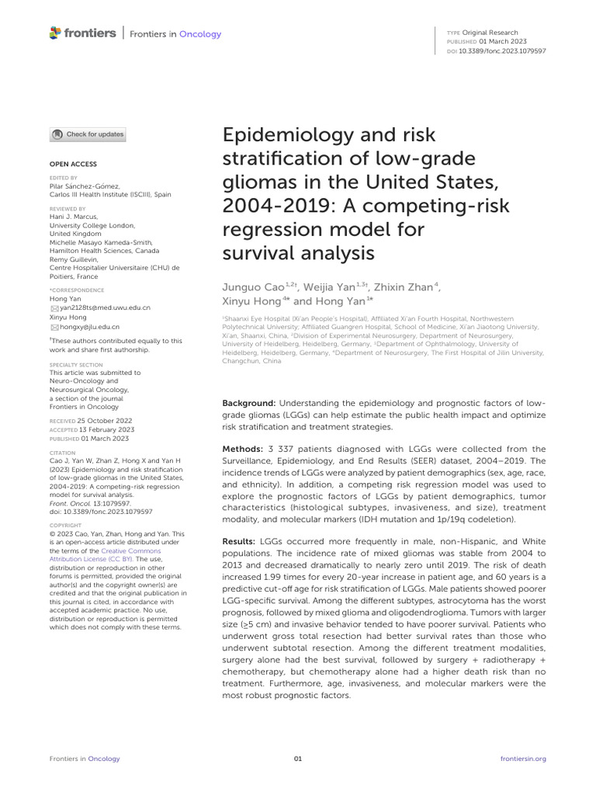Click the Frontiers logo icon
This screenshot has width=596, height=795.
54,33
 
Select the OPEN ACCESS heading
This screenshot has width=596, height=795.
74,165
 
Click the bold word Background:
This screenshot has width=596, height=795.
248,404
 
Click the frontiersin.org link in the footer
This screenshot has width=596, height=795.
524,759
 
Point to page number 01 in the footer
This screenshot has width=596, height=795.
298,759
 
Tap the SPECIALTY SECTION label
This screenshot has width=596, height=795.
76,364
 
